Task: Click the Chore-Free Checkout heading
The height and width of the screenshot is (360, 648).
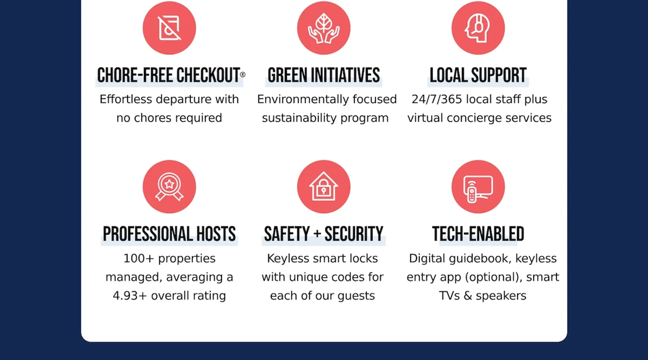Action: point(169,75)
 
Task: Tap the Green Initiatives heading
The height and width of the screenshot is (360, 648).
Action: point(324,75)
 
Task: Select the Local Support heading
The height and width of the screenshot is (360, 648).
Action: point(478,75)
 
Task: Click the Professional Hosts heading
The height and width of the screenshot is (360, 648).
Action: point(169,234)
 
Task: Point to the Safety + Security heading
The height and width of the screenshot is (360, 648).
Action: point(324,234)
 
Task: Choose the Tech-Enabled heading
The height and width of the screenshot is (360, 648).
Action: point(478,234)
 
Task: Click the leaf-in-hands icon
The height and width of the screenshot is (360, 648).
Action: point(324,28)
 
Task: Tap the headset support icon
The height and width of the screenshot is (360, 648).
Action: point(478,28)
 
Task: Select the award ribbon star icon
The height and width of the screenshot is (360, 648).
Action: point(169,187)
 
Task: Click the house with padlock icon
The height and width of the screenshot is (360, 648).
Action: point(324,187)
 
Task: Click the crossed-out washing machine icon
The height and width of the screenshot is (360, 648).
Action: point(169,28)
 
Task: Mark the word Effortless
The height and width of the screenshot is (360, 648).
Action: point(126,99)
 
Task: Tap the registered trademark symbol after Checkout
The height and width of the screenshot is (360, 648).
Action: point(243,75)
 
